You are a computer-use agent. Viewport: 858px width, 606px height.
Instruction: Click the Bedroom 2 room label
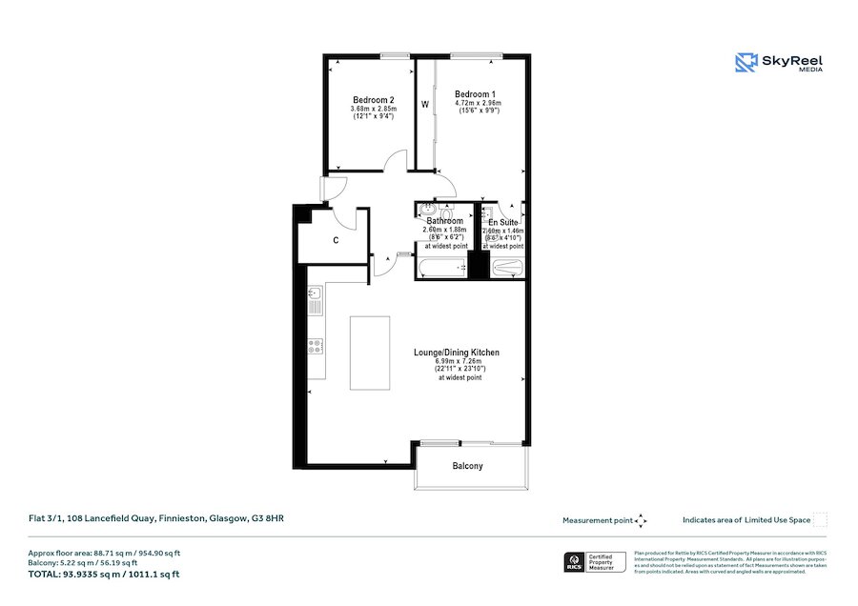373,100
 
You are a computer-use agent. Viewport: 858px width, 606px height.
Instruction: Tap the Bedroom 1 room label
475,94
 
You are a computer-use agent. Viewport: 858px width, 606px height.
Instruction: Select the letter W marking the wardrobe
425,104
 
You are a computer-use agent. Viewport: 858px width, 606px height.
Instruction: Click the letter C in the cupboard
336,241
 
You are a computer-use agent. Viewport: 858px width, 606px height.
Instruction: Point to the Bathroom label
444,222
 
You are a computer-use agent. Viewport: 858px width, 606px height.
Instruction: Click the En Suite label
502,222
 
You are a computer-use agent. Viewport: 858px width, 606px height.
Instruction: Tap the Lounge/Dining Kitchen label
456,353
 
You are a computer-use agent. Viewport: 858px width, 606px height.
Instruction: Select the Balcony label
467,466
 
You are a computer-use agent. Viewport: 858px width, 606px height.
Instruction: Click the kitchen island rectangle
370,353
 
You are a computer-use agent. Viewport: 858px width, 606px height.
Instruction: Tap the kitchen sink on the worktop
316,304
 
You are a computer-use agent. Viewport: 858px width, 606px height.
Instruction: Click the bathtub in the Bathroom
439,269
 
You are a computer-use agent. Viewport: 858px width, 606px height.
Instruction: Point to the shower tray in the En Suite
506,269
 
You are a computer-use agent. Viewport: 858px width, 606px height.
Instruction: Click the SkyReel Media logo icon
746,63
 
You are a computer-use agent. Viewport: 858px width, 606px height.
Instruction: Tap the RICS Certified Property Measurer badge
596,562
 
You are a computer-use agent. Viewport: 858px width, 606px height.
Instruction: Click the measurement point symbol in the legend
641,520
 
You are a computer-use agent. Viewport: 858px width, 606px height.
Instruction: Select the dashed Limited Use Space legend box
820,520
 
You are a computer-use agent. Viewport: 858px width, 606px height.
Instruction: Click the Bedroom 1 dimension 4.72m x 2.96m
478,103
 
